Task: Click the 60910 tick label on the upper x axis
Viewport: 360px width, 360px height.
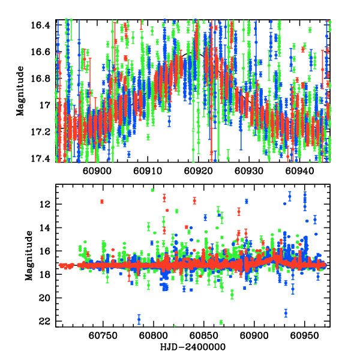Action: tap(147, 171)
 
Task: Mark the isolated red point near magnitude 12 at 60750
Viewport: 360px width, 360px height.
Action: tap(102, 201)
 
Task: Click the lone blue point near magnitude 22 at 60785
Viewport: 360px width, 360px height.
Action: tap(139, 319)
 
